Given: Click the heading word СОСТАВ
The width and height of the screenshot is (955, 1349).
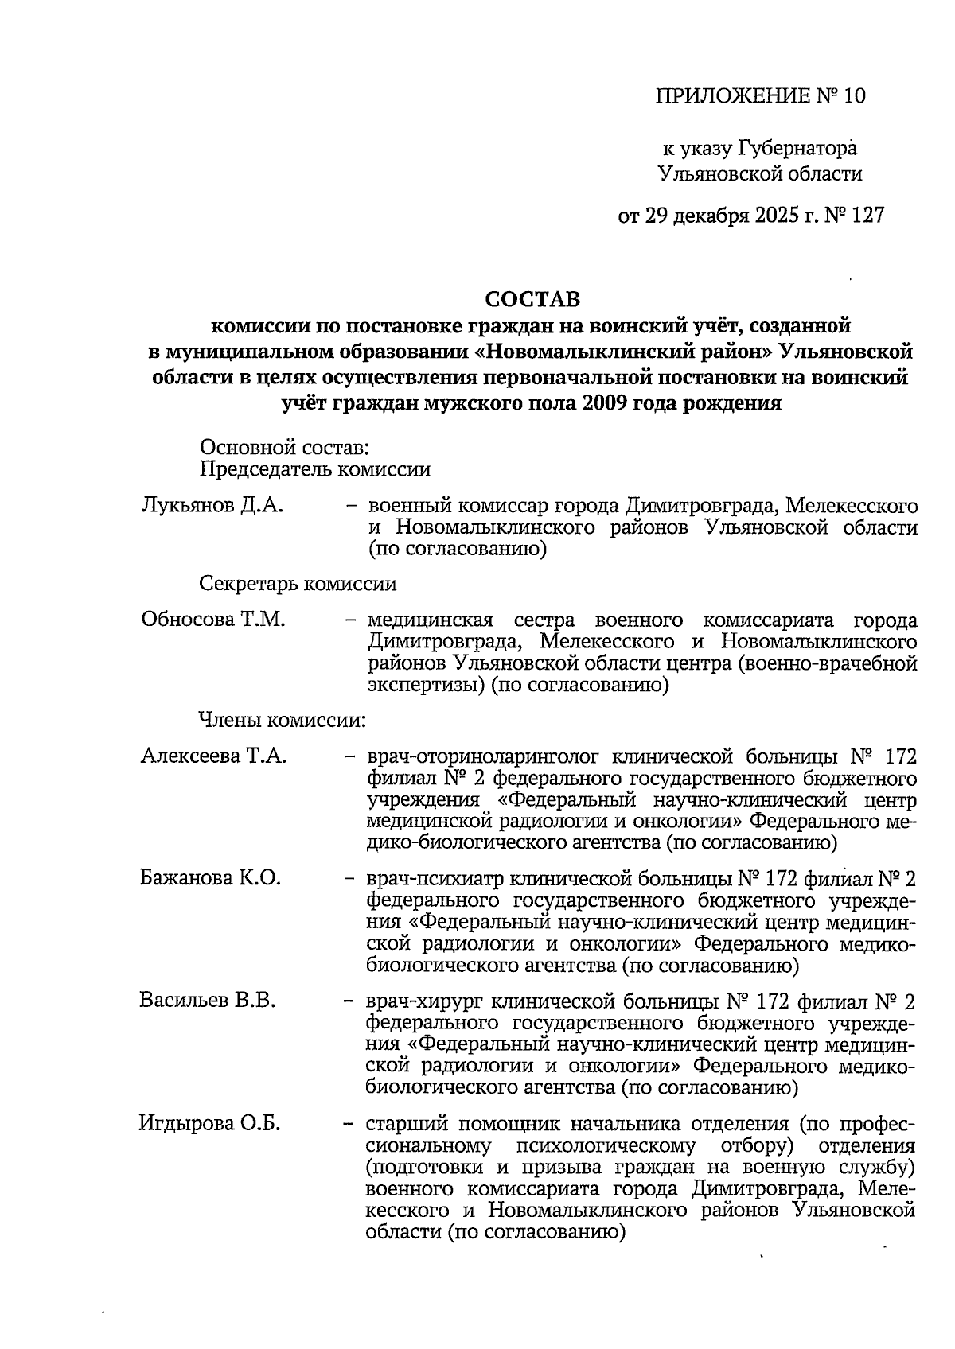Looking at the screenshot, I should [532, 300].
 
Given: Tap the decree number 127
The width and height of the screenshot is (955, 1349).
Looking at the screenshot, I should [867, 216].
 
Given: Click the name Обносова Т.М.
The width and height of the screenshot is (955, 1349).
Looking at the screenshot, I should [213, 620].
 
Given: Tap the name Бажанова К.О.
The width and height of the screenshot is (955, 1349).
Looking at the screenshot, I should [211, 878].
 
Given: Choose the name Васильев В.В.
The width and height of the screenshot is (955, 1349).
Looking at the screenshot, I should [209, 1001].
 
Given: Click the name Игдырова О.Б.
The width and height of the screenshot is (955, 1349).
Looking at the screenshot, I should [210, 1124].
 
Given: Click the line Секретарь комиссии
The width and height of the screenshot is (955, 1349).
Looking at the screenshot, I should [298, 584].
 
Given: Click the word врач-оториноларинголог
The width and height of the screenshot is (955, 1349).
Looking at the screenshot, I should [477, 756].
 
